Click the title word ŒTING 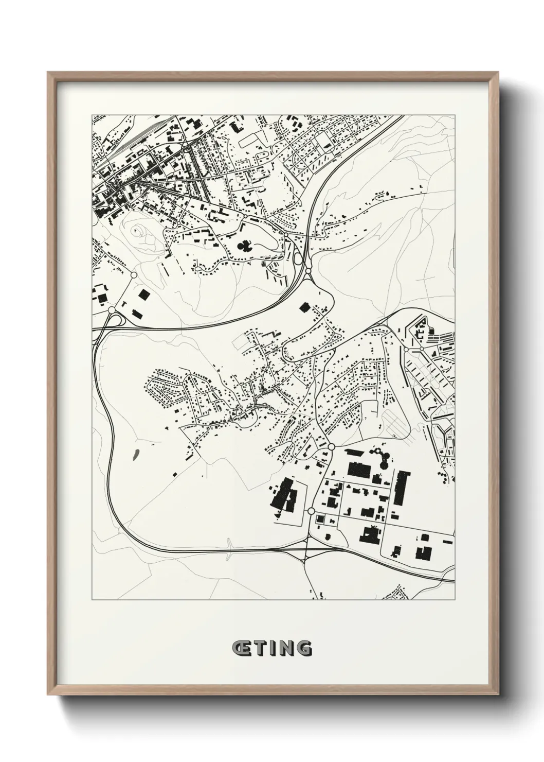tap(271, 648)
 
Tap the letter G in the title tap(304, 648)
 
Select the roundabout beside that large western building tap(311, 511)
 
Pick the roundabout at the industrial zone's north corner tap(331, 446)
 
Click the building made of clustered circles tap(381, 456)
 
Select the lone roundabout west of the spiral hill tap(134, 275)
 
